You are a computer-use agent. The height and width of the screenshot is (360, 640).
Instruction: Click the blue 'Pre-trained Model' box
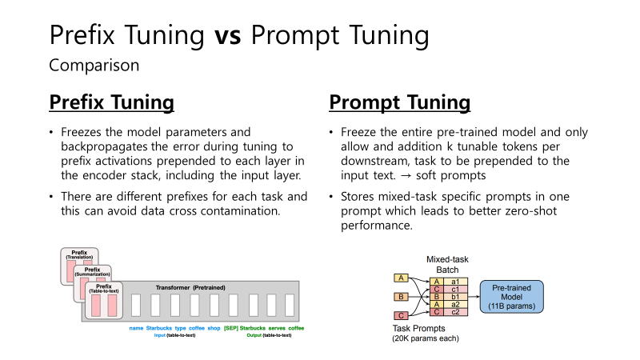coord(511,296)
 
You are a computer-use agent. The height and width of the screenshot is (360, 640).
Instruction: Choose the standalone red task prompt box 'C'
coord(402,315)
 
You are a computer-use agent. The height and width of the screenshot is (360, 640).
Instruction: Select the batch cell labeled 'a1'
coord(454,281)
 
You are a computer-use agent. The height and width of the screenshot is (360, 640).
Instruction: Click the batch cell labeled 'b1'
coord(454,296)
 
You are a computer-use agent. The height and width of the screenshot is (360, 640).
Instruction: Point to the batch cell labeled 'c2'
coord(454,311)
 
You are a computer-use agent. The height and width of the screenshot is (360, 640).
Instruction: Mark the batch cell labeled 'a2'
coord(454,304)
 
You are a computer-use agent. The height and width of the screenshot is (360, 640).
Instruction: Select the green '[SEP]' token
coord(231,329)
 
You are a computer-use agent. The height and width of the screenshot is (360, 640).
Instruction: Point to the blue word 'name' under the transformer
coord(137,329)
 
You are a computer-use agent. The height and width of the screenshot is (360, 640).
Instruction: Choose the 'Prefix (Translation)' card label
coord(79,255)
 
